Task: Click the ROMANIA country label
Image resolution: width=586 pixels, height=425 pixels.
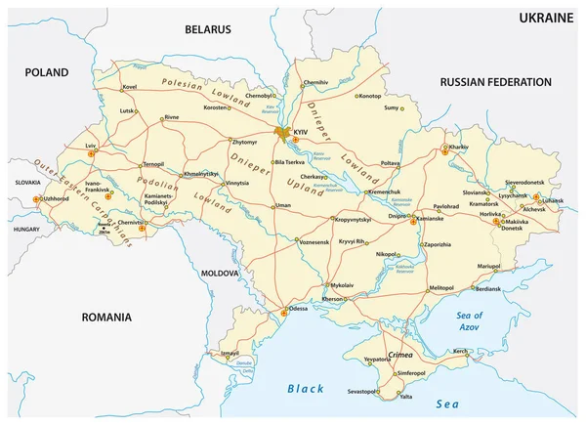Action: (x=105, y=318)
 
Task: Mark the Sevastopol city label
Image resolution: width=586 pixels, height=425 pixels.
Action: (x=356, y=392)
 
